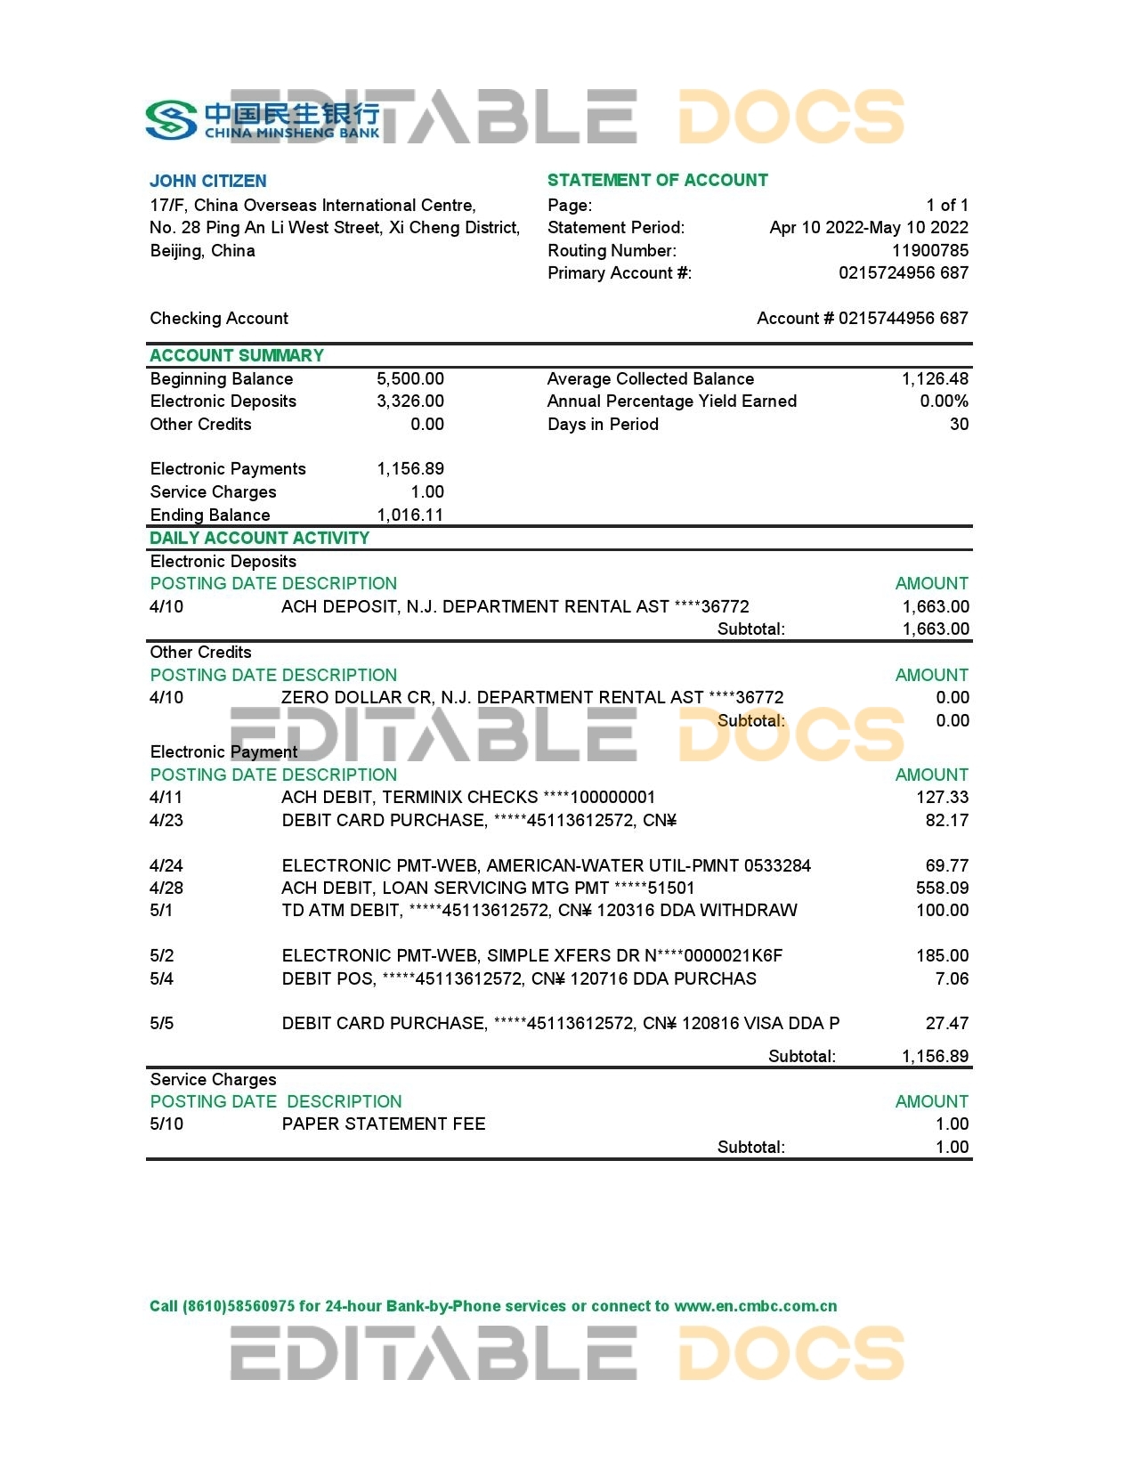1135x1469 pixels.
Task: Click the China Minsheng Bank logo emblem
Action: pyautogui.click(x=171, y=120)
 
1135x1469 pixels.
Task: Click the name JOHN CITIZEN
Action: pyautogui.click(x=208, y=181)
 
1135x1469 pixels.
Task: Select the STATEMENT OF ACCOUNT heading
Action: pyautogui.click(x=657, y=180)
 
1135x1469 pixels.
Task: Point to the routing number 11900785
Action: pyautogui.click(x=929, y=250)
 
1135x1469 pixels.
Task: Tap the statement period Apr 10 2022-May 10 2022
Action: pyautogui.click(x=868, y=227)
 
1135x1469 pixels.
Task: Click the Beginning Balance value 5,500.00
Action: pyautogui.click(x=409, y=378)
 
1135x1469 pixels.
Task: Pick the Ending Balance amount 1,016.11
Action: pyautogui.click(x=409, y=515)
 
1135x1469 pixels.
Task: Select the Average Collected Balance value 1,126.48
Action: pyautogui.click(x=934, y=378)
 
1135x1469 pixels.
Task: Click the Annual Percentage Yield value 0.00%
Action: pyautogui.click(x=944, y=401)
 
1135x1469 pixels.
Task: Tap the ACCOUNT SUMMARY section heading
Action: pyautogui.click(x=237, y=355)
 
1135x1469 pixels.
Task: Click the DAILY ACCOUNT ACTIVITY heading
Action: pyautogui.click(x=259, y=538)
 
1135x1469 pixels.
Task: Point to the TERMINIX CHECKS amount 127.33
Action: pyautogui.click(x=942, y=797)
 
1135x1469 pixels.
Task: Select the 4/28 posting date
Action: pyautogui.click(x=166, y=888)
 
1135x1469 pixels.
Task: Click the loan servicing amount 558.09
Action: pyautogui.click(x=942, y=888)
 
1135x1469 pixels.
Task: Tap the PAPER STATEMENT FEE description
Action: pyautogui.click(x=384, y=1124)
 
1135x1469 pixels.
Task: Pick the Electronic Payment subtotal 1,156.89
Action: pyautogui.click(x=935, y=1056)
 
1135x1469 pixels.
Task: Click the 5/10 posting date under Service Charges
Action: pyautogui.click(x=166, y=1124)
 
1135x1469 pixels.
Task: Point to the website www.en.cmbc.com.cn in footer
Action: pyautogui.click(x=755, y=1306)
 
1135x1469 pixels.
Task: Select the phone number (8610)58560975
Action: pyautogui.click(x=239, y=1306)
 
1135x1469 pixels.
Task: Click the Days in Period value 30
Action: pyautogui.click(x=959, y=424)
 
